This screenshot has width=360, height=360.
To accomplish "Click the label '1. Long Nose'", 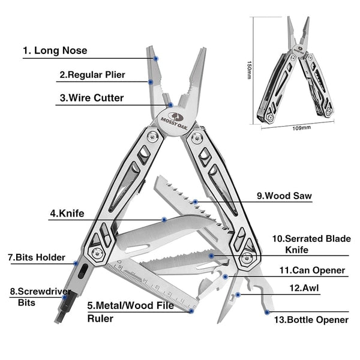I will (55, 50).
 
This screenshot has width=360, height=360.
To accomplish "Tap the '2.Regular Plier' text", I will (92, 75).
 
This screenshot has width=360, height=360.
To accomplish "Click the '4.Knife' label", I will (67, 212).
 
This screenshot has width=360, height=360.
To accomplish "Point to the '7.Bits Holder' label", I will (36, 257).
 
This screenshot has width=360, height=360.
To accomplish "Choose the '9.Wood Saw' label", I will (284, 195).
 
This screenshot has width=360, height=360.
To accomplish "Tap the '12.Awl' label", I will (304, 288).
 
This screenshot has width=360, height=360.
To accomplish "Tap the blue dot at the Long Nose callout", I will (157, 58).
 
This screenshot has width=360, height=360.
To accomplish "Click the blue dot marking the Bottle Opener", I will (266, 311).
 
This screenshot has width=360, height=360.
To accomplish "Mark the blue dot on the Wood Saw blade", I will (195, 202).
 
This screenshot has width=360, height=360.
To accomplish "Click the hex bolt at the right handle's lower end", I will (246, 258).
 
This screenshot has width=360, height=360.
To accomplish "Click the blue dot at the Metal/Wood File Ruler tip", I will (191, 310).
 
